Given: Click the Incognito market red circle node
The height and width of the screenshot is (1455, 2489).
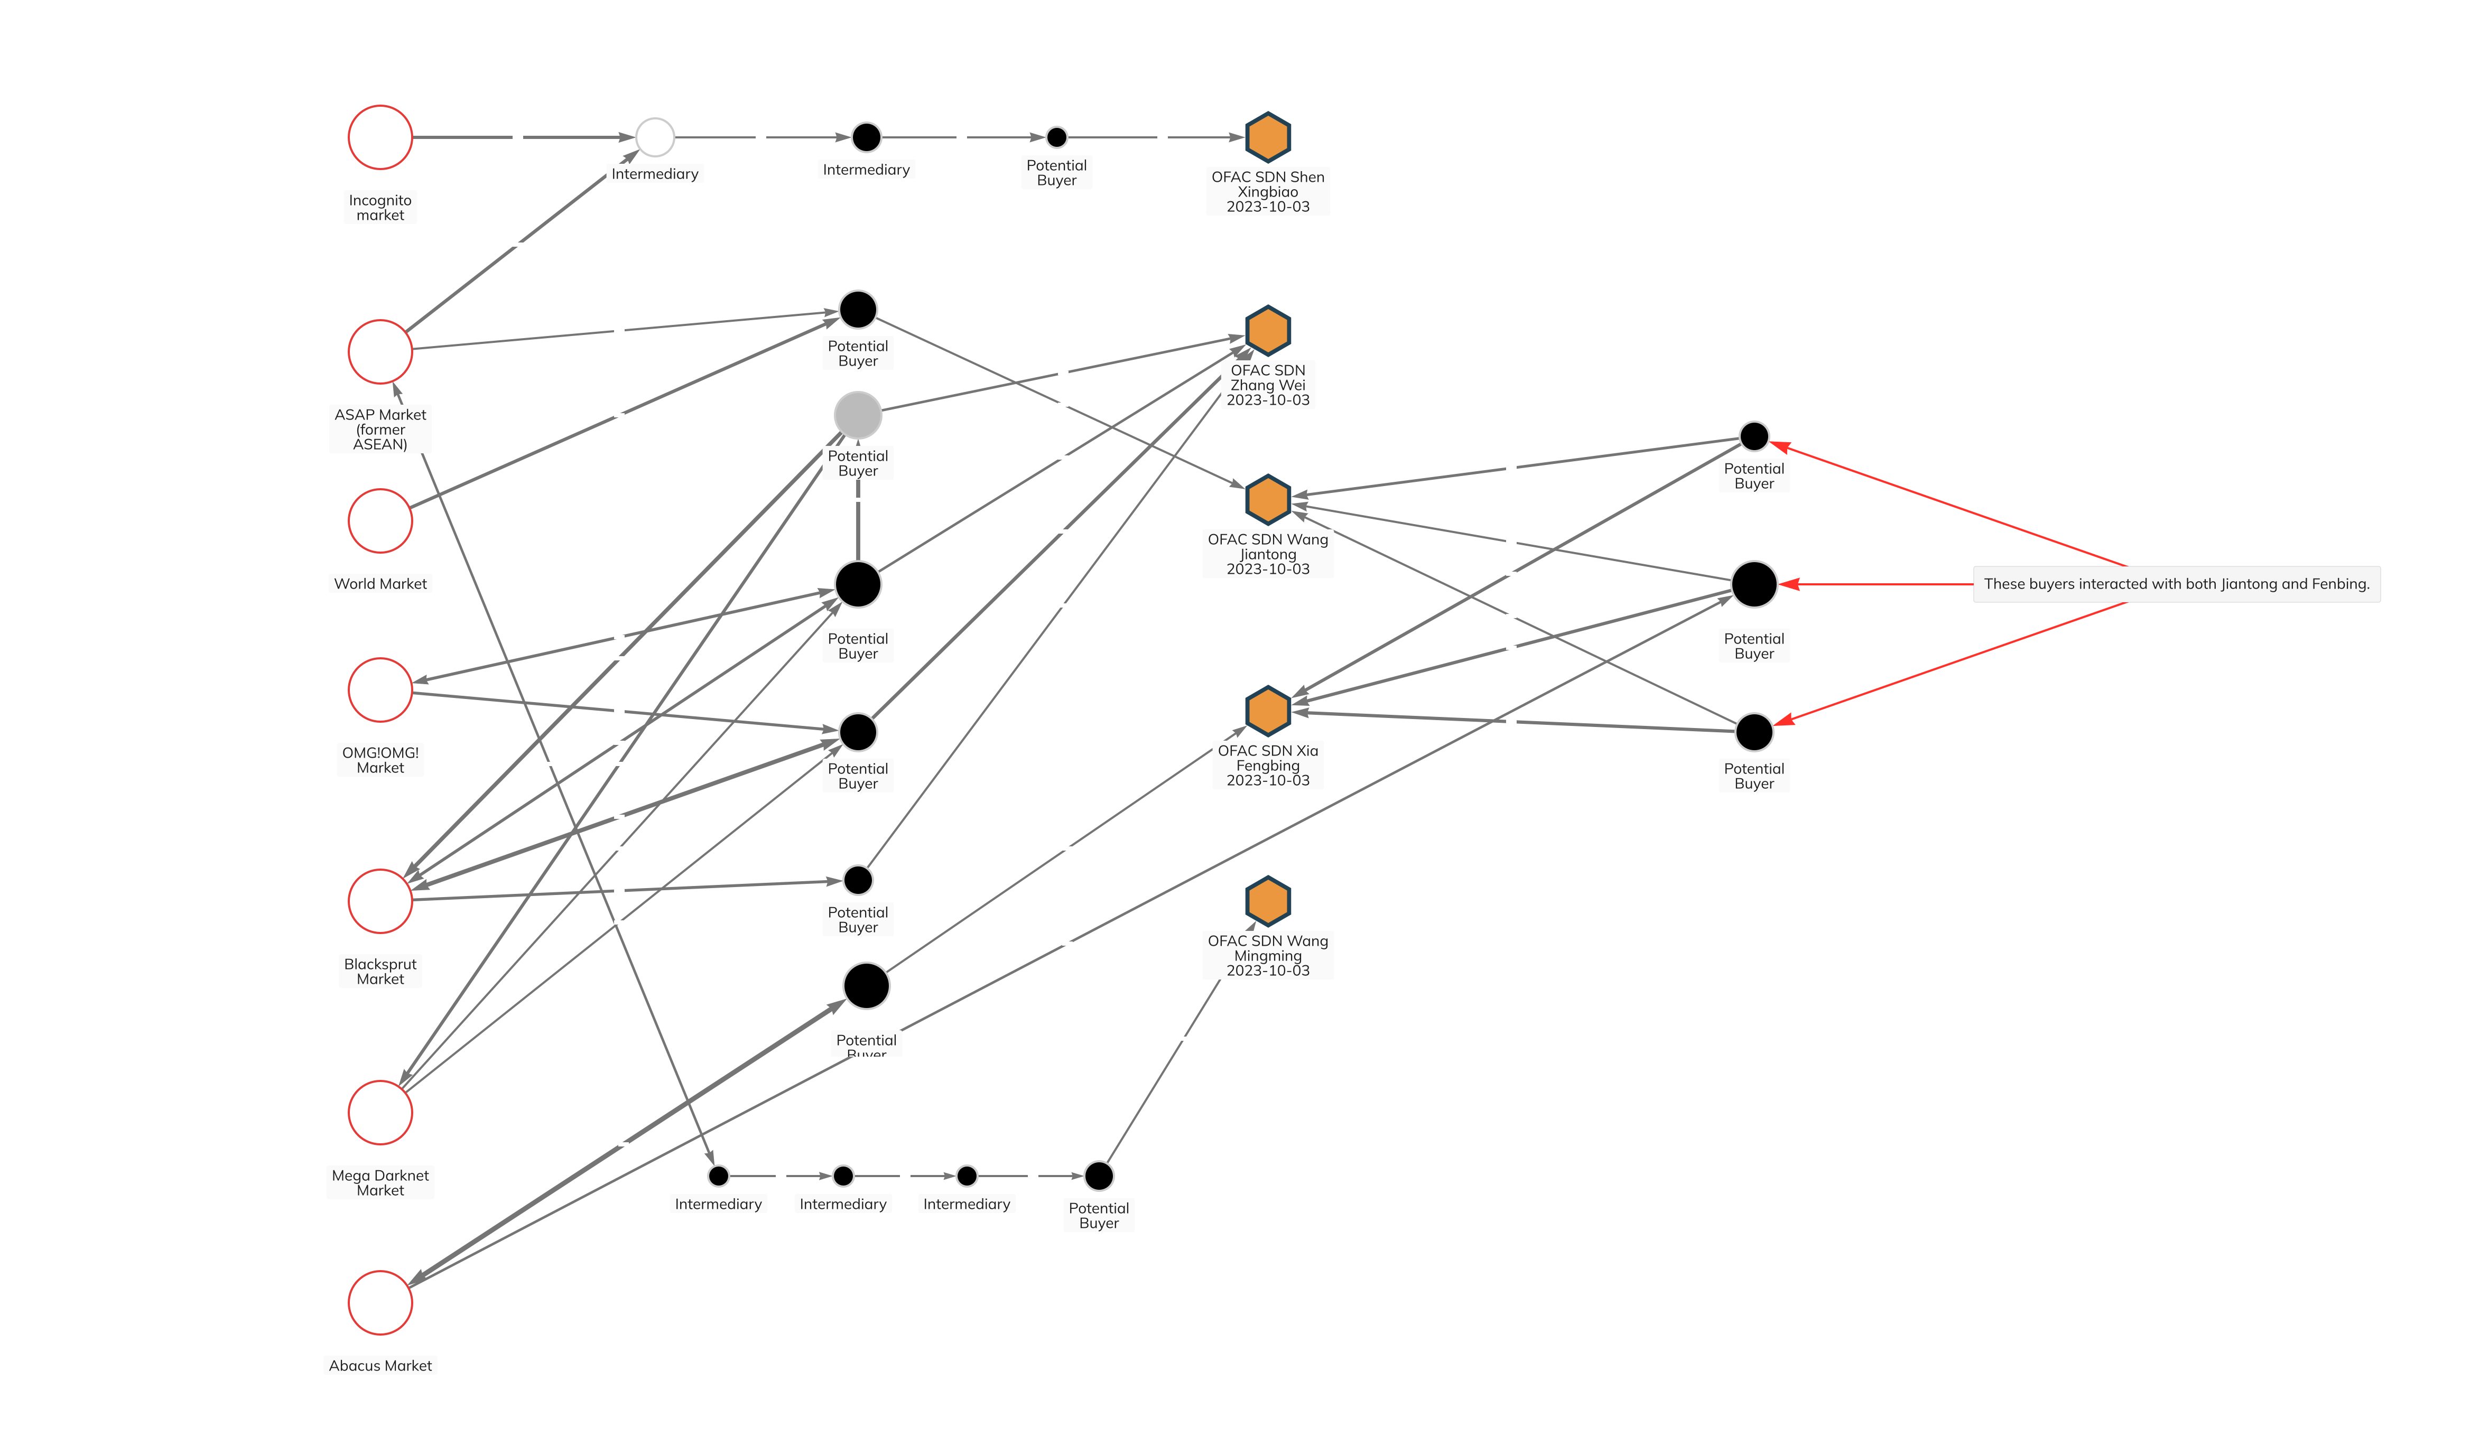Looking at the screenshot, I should (380, 137).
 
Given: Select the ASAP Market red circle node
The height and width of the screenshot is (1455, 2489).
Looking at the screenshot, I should (380, 352).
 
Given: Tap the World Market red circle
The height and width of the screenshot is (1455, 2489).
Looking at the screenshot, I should (380, 520).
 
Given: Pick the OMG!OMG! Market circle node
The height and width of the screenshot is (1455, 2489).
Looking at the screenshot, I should (380, 689).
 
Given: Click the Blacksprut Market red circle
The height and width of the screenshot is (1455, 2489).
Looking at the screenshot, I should (380, 901).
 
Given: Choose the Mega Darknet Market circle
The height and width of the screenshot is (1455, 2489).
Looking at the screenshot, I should (380, 1112).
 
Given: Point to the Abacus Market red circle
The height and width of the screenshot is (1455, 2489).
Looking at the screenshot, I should (380, 1303).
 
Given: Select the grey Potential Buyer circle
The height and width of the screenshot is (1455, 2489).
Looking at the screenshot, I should (857, 415).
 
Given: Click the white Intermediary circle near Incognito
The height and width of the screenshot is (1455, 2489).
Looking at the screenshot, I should (655, 137).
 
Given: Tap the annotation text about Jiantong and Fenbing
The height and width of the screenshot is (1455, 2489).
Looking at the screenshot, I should (2176, 584).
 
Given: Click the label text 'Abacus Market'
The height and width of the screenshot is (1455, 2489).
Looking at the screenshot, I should (380, 1365).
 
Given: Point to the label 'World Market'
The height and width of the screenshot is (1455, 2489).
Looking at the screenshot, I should (380, 584).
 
